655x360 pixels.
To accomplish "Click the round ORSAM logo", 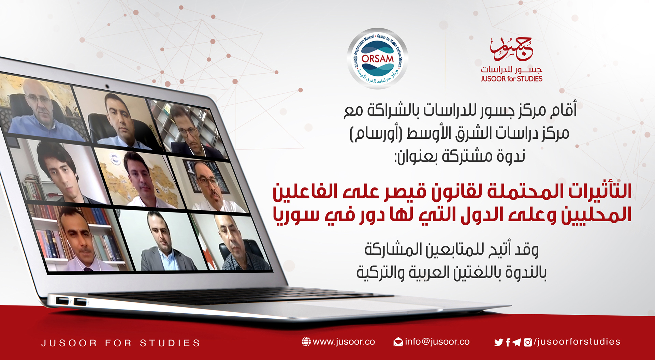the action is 377,59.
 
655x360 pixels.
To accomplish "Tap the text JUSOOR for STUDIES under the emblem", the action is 511,79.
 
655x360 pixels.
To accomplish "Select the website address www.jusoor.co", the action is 344,342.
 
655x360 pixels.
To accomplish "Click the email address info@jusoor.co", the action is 437,342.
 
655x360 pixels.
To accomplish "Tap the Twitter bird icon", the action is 498,342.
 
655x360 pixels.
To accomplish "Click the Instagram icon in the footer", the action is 527,342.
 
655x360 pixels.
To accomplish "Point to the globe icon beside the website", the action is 306,342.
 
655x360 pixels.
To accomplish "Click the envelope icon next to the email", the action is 398,342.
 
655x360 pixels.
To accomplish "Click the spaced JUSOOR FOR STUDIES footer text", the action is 120,343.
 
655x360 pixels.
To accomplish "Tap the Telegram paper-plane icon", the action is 516,342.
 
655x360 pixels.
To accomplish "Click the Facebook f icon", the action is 508,342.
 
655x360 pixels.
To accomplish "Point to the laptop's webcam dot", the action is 107,86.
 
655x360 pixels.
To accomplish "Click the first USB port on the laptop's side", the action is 62,301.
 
